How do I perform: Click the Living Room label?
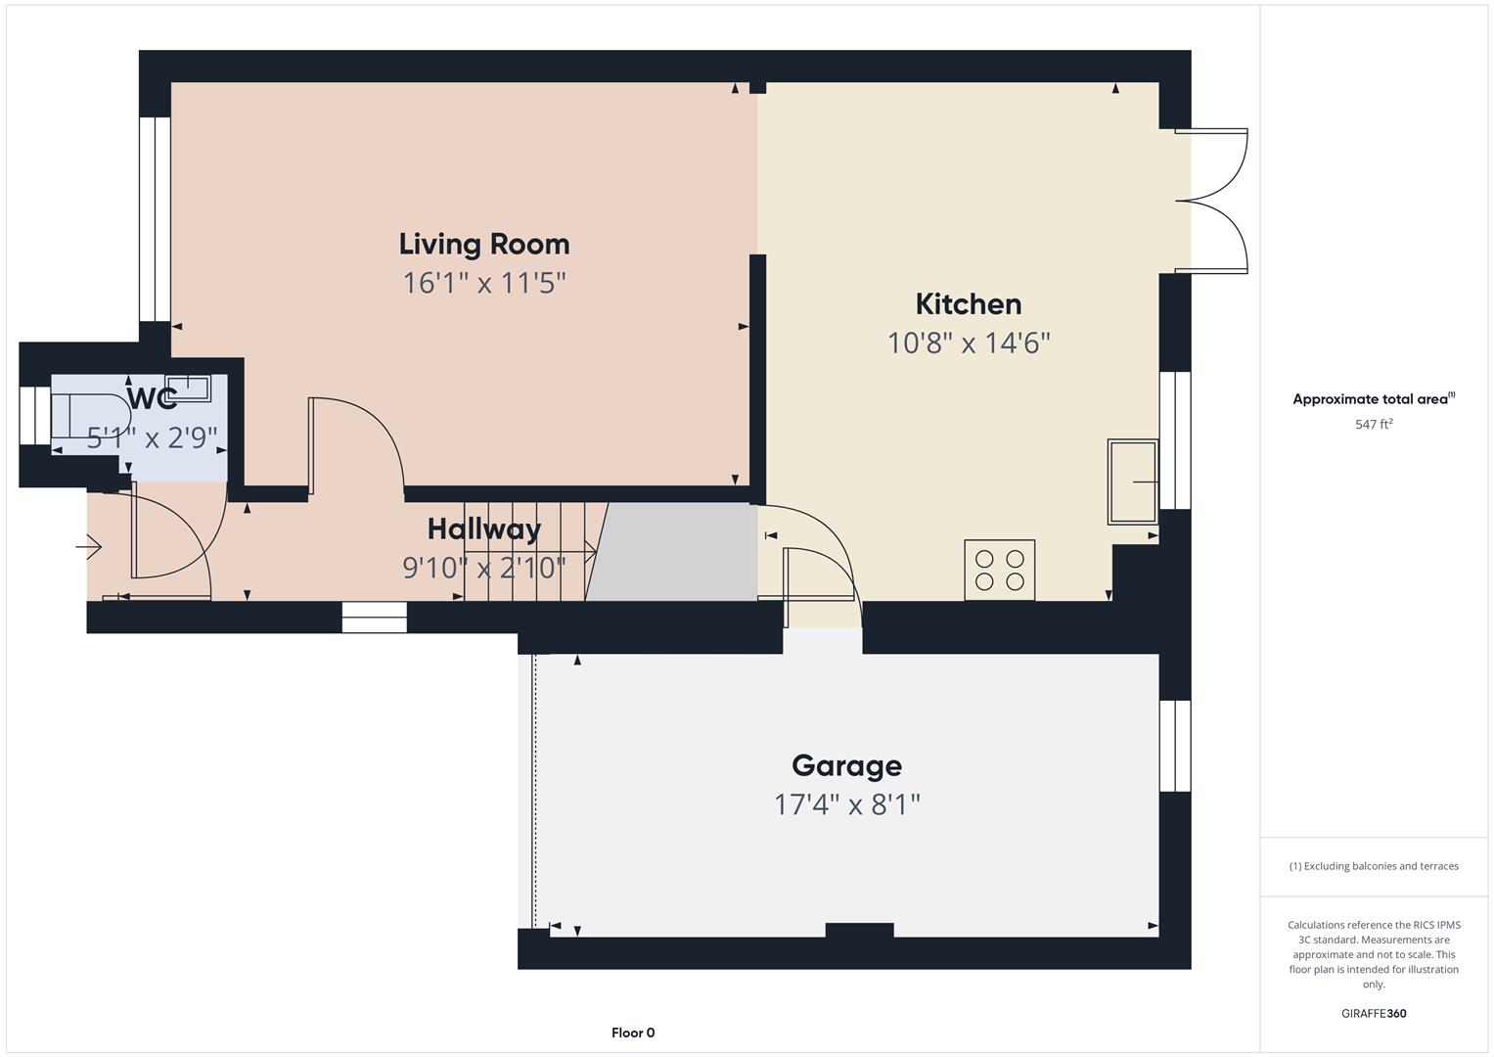pyautogui.click(x=483, y=244)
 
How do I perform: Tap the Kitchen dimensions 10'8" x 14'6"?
pyautogui.click(x=968, y=344)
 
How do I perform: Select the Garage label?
pyautogui.click(x=846, y=765)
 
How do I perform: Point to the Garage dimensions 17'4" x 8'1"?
pyautogui.click(x=846, y=804)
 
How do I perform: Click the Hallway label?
pyautogui.click(x=483, y=528)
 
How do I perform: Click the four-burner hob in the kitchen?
pyautogui.click(x=999, y=570)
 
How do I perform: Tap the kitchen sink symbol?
pyautogui.click(x=1132, y=482)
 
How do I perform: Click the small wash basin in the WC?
pyautogui.click(x=188, y=388)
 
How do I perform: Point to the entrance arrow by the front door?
pyautogui.click(x=90, y=547)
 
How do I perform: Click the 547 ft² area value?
pyautogui.click(x=1373, y=425)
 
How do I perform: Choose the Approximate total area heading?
pyautogui.click(x=1373, y=399)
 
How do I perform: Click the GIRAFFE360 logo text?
pyautogui.click(x=1373, y=1013)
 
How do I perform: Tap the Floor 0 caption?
pyautogui.click(x=633, y=1033)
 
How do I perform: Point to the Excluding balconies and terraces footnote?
pyautogui.click(x=1373, y=866)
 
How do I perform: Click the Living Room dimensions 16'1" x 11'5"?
pyautogui.click(x=483, y=284)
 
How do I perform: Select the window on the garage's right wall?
pyautogui.click(x=1175, y=746)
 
